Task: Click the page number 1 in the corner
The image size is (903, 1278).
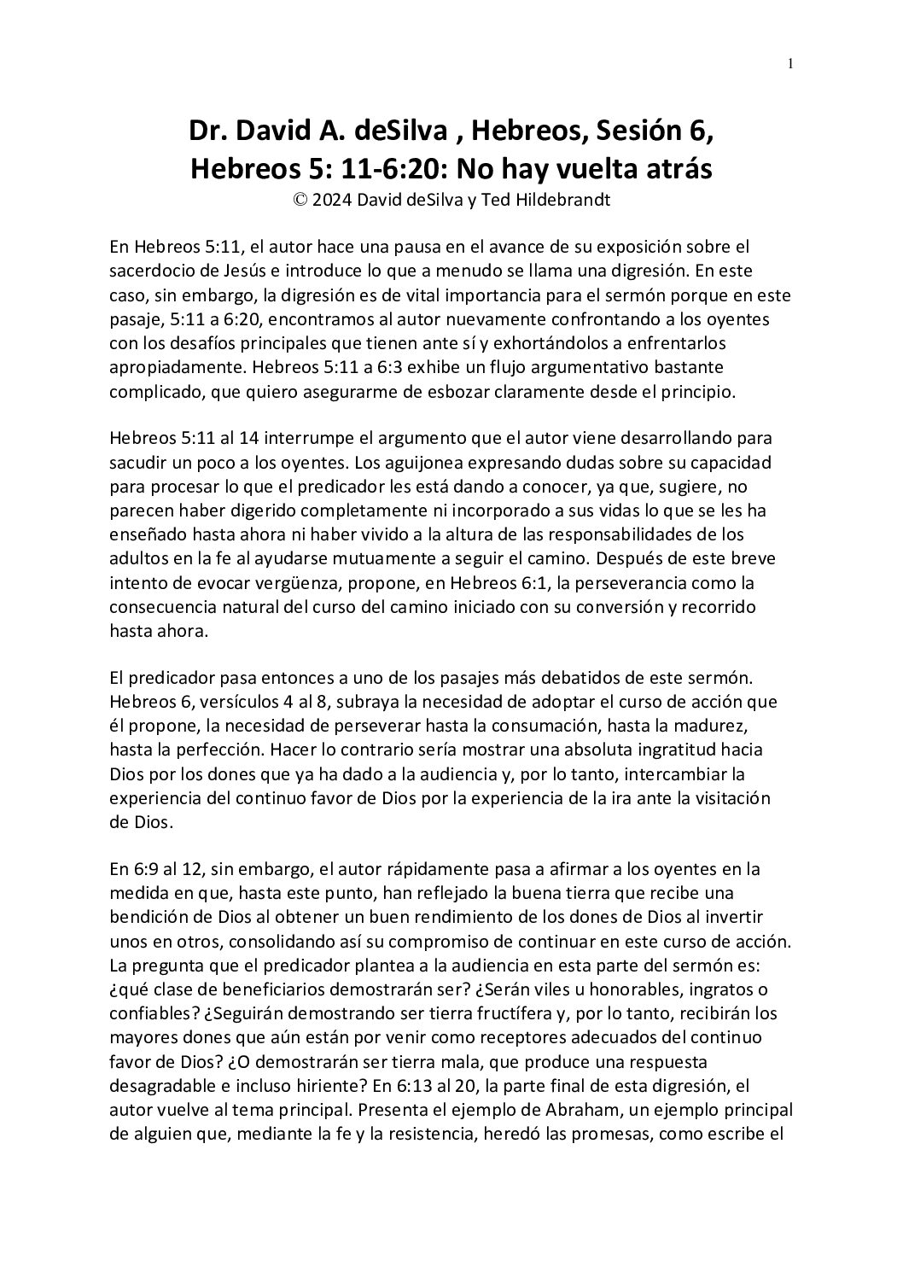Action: tap(790, 62)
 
